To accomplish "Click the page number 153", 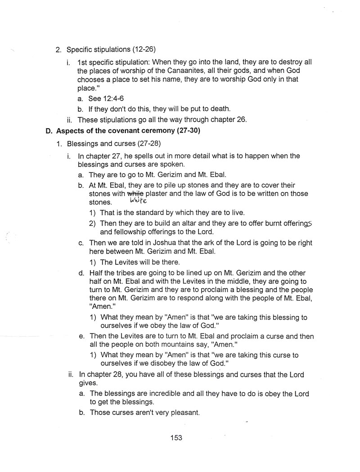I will coord(176,438).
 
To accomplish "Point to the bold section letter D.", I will coord(49,132).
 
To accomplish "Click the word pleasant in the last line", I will coord(184,412).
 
